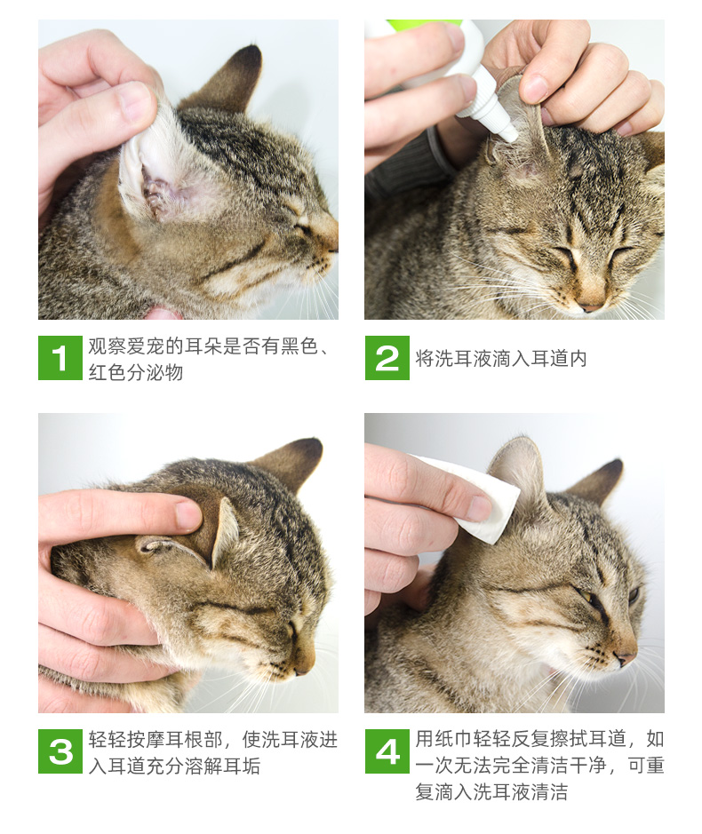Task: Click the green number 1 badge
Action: pos(60,358)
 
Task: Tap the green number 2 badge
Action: pos(387,358)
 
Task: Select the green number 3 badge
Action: pos(60,751)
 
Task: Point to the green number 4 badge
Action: pos(387,751)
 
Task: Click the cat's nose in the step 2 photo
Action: pos(591,306)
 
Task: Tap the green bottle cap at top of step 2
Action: pos(426,24)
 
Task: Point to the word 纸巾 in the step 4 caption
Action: pos(453,739)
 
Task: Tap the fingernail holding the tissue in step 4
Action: pos(479,508)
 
